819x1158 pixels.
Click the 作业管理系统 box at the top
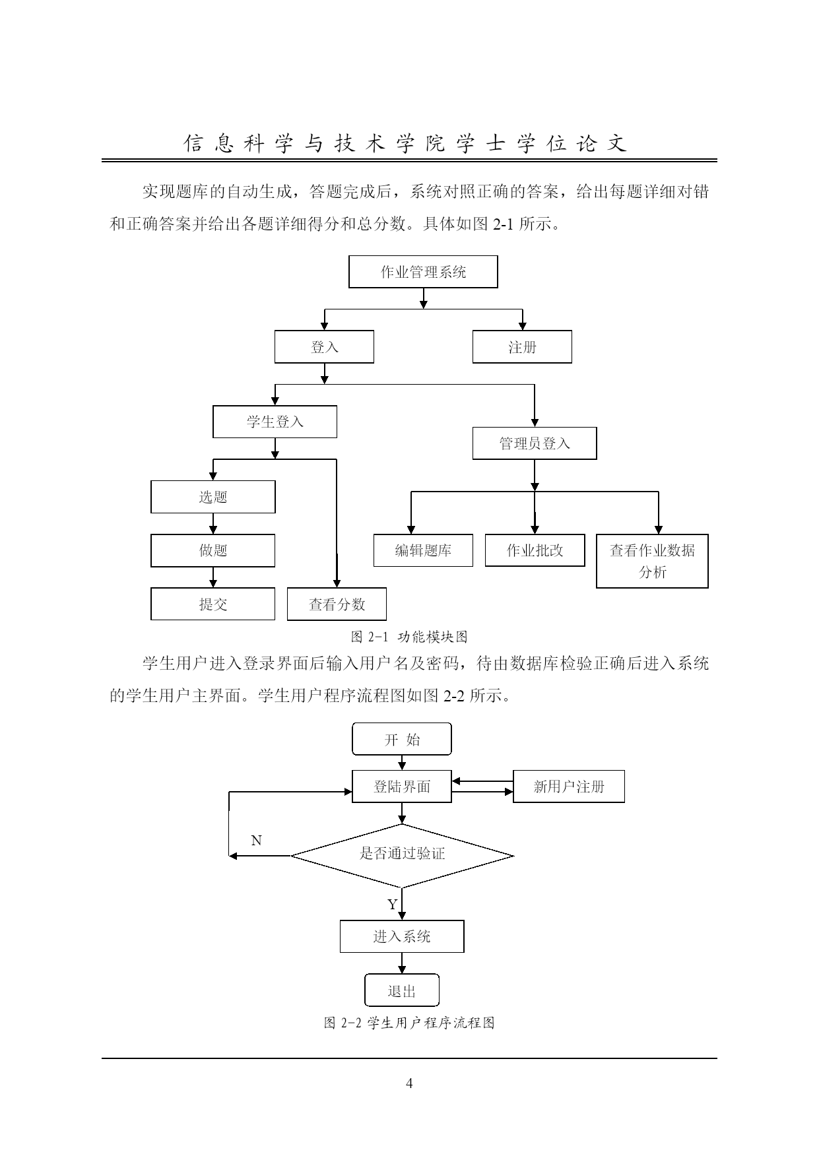tap(423, 272)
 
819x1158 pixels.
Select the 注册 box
tap(522, 347)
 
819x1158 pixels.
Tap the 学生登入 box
tap(275, 422)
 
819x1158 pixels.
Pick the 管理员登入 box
tap(535, 443)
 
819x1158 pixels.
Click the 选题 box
tap(213, 497)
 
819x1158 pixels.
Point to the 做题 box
tap(213, 550)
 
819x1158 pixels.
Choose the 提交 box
tap(213, 604)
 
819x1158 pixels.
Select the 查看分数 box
tap(337, 604)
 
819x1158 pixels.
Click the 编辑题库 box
tap(423, 550)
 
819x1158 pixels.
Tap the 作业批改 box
tap(535, 550)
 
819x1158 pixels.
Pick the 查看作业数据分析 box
tap(652, 561)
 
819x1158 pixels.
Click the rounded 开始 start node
tap(402, 739)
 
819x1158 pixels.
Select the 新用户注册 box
tap(569, 787)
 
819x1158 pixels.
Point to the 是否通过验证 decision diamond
tap(402, 856)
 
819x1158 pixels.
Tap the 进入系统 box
tap(402, 936)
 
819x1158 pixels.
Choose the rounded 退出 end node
tap(402, 990)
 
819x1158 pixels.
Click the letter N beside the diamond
tap(257, 841)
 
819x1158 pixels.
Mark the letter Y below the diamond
tap(392, 905)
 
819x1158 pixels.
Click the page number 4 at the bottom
tap(409, 1083)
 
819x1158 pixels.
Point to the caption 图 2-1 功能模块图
tap(409, 637)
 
